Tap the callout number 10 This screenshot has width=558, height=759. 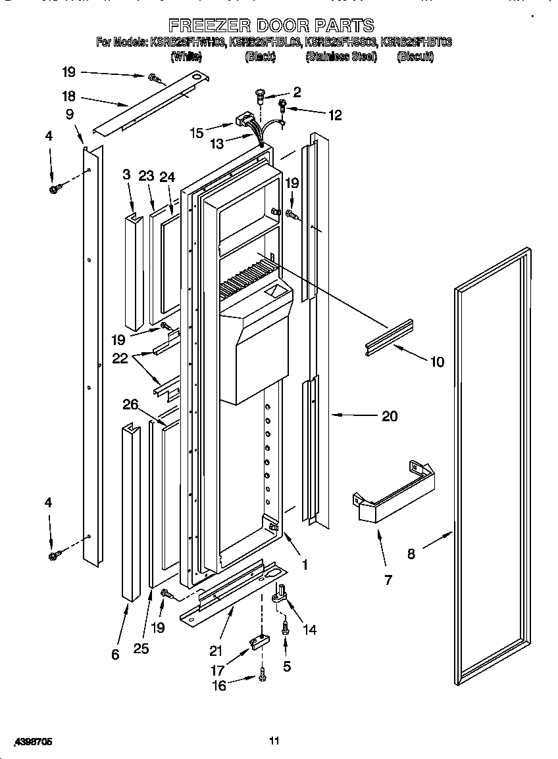pos(436,361)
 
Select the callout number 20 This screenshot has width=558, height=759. pos(390,416)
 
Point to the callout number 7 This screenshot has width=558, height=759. pos(388,580)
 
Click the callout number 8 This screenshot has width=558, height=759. pos(411,554)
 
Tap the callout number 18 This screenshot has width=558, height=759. pos(69,95)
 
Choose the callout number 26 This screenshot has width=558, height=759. pos(130,404)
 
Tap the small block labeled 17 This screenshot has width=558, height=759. pos(258,642)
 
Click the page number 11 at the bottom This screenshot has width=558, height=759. pos(274,741)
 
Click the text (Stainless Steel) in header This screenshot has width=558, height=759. pos(341,57)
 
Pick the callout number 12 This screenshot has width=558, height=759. pos(335,115)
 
